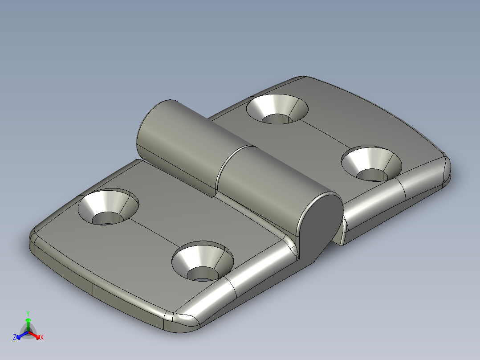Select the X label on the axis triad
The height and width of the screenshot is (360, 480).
42,338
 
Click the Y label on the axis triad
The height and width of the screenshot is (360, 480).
28,313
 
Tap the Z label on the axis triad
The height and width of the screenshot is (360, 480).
15,338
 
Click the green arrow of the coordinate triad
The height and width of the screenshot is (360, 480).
28,322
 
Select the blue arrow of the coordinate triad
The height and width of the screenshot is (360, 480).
20,335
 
